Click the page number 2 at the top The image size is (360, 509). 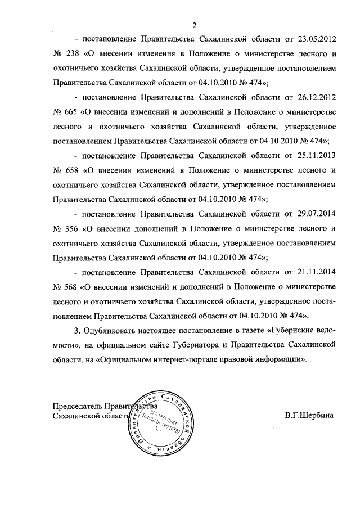tap(194, 24)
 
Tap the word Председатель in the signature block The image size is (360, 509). tap(76, 406)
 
